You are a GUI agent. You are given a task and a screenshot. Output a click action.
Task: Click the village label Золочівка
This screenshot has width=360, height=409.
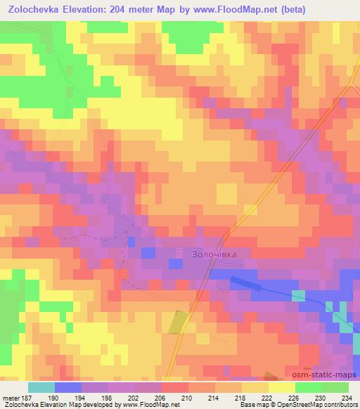pyautogui.click(x=216, y=254)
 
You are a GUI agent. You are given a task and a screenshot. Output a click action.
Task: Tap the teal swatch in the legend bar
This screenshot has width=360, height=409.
pyautogui.click(x=41, y=387)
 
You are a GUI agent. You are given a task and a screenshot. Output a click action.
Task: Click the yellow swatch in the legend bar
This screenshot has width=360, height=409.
pyautogui.click(x=282, y=387)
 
